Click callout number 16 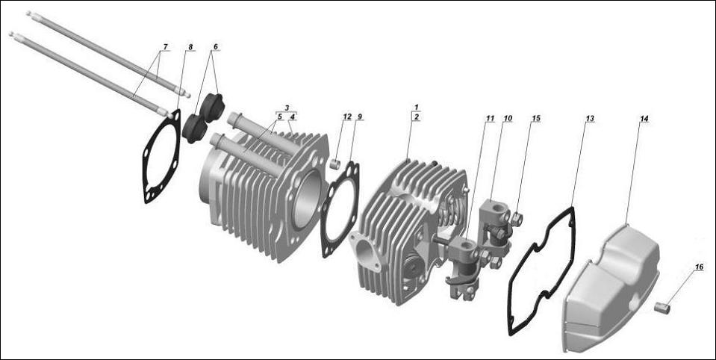click(x=698, y=267)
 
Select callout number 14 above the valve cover click(x=644, y=118)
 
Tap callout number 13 click(x=590, y=118)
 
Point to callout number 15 click(x=536, y=118)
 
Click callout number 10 click(x=508, y=118)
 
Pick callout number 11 click(x=490, y=118)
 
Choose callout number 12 click(x=347, y=117)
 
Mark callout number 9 click(x=360, y=117)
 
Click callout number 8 click(x=190, y=47)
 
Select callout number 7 click(x=164, y=47)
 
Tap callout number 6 click(x=216, y=47)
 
